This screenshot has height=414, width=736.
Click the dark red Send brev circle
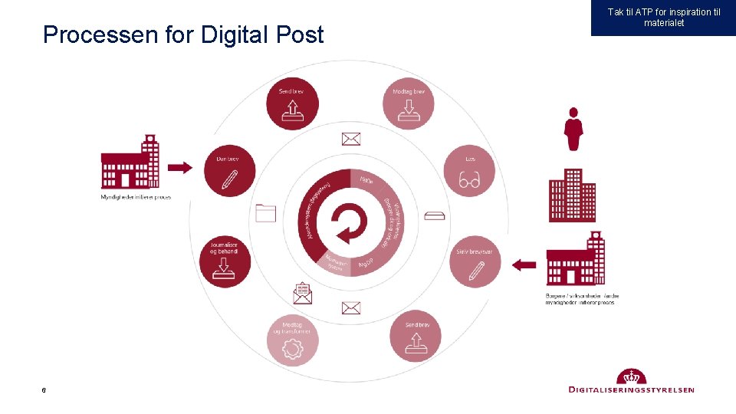(291, 104)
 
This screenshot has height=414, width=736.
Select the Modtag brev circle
(409, 104)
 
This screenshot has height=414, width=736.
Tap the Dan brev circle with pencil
(228, 171)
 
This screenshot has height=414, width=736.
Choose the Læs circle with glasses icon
(469, 171)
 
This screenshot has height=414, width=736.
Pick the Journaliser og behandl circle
(225, 259)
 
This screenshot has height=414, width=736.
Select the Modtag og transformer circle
(292, 340)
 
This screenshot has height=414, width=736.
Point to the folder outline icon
(265, 212)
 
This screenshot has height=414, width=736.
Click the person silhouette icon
(573, 129)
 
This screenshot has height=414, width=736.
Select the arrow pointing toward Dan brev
(179, 167)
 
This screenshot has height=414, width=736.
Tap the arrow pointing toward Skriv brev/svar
(524, 265)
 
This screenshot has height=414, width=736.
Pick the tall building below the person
(572, 195)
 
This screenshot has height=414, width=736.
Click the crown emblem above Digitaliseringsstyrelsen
(632, 377)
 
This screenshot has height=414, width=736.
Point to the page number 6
(44, 391)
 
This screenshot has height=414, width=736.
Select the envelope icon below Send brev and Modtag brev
(351, 139)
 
